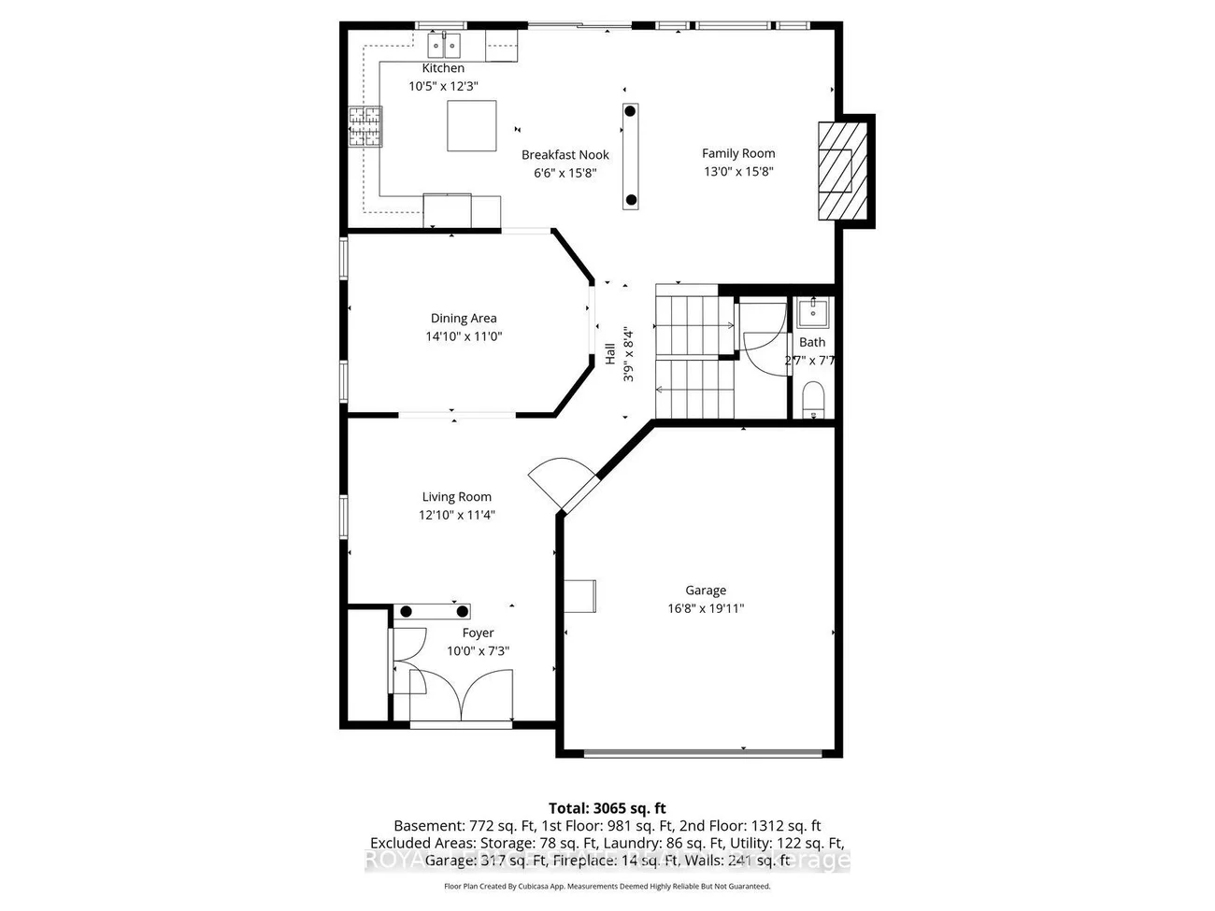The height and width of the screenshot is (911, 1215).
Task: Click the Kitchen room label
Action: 443,68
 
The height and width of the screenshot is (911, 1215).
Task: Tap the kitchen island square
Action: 472,125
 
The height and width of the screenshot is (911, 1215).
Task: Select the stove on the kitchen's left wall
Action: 365,126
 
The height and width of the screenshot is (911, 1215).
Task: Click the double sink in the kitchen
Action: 444,44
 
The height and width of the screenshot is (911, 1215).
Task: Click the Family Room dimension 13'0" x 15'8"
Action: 738,171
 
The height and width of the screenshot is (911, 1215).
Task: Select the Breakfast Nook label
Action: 565,155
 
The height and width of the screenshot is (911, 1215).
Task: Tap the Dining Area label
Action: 464,319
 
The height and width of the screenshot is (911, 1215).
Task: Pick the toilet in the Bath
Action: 813,400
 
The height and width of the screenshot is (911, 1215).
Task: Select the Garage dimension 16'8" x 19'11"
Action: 705,608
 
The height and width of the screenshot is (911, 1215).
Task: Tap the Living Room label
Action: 456,497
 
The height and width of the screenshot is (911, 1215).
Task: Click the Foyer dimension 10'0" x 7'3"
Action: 478,651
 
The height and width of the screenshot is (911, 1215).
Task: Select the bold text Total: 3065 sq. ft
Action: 607,808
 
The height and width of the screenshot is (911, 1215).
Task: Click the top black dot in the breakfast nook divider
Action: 630,111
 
